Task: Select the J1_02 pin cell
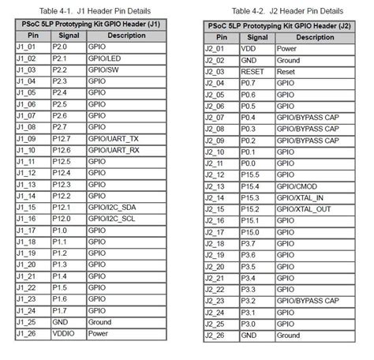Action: (x=27, y=58)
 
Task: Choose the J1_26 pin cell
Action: (x=27, y=333)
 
